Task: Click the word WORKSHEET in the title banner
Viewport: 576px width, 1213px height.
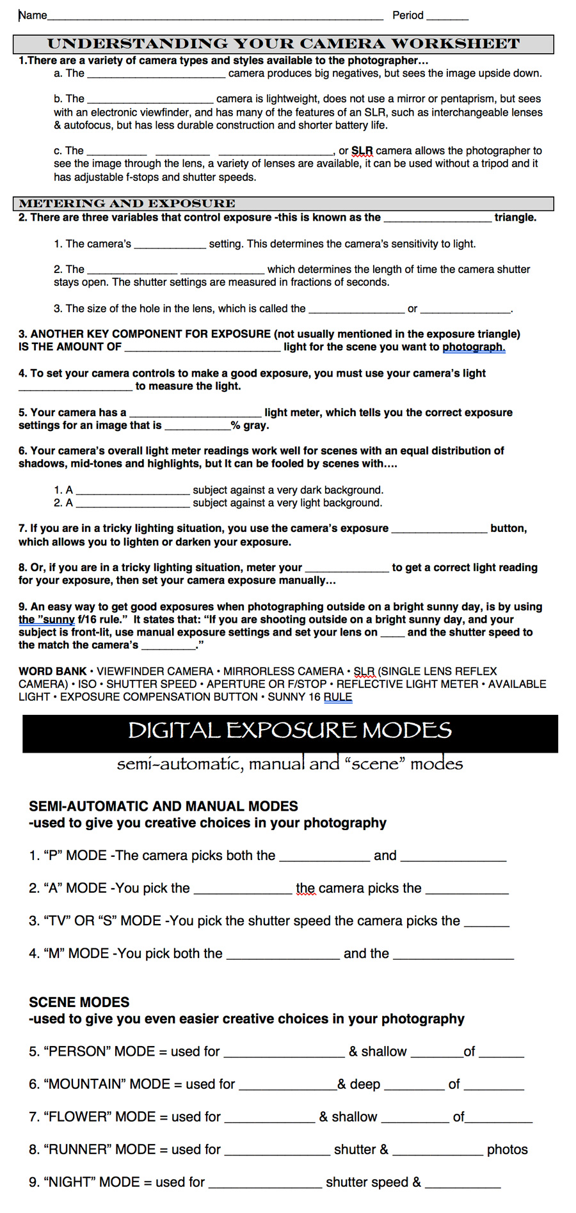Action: pos(455,44)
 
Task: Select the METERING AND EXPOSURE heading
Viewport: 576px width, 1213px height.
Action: pos(127,204)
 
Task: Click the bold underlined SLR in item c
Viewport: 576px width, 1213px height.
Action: pos(362,151)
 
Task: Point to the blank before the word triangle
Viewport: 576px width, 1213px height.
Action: pos(437,219)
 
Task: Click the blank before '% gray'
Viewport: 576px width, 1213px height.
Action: pos(197,427)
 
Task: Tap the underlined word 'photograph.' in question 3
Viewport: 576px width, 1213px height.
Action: pos(474,347)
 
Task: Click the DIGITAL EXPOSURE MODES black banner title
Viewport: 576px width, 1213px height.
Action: pos(290,730)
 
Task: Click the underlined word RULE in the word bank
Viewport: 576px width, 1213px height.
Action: pos(338,697)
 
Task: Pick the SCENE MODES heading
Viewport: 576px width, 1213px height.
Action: pos(79,1002)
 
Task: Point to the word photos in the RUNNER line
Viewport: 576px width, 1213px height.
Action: pos(508,1150)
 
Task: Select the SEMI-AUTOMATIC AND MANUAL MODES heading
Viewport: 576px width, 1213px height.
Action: pos(164,806)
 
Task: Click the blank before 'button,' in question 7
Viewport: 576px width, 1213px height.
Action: pos(439,530)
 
